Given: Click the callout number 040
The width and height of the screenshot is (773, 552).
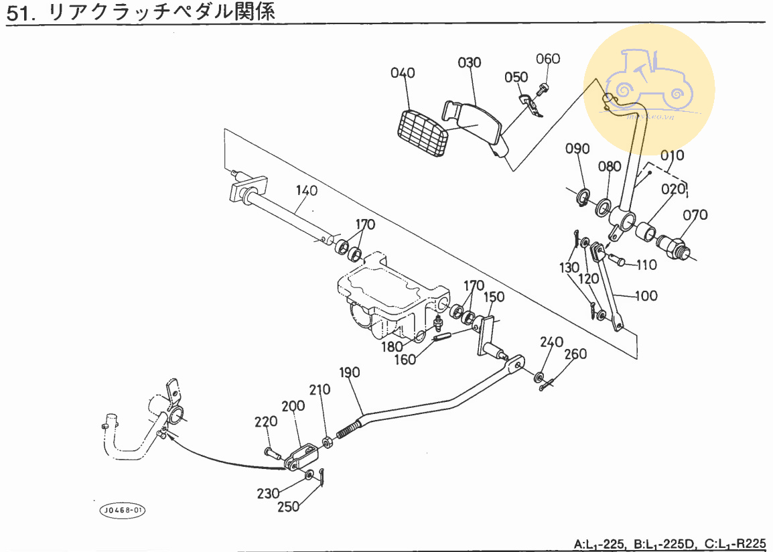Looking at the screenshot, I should (x=403, y=73).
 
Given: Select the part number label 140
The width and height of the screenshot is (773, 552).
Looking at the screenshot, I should (x=306, y=191).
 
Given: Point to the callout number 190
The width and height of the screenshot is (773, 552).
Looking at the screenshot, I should (x=350, y=372).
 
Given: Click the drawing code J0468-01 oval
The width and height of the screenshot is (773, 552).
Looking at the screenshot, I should (x=122, y=510).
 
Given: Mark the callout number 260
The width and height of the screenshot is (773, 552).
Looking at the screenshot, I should (x=575, y=354).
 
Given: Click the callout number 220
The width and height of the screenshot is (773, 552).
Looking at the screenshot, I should (x=266, y=422).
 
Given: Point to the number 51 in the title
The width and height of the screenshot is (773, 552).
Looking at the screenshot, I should (x=18, y=13).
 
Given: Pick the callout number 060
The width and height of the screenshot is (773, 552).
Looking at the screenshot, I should (x=548, y=59).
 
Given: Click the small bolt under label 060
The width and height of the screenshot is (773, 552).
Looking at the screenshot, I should (x=543, y=87).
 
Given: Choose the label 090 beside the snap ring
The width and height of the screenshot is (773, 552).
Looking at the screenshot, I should (x=577, y=149).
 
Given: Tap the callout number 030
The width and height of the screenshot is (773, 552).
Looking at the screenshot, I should (x=470, y=63).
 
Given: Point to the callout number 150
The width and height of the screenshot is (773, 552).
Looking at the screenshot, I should (x=494, y=297).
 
